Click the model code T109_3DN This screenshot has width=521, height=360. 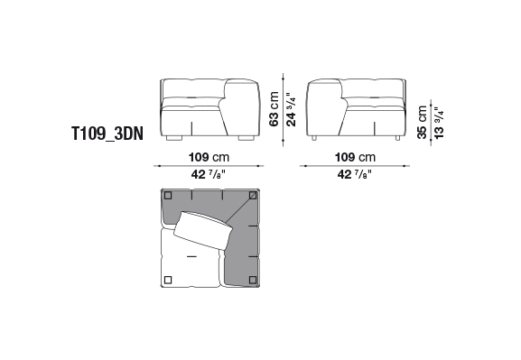(107, 134)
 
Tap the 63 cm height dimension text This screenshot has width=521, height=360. (274, 109)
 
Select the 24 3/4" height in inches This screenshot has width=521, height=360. (291, 109)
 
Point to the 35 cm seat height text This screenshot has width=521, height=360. (422, 122)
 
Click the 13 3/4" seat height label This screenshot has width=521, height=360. (439, 124)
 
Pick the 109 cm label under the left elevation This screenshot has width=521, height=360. (209, 157)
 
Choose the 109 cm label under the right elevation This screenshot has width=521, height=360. (355, 157)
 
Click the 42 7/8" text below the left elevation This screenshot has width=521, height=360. (209, 174)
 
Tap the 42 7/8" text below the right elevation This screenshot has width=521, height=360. (355, 174)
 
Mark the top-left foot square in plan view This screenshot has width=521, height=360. (168, 195)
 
